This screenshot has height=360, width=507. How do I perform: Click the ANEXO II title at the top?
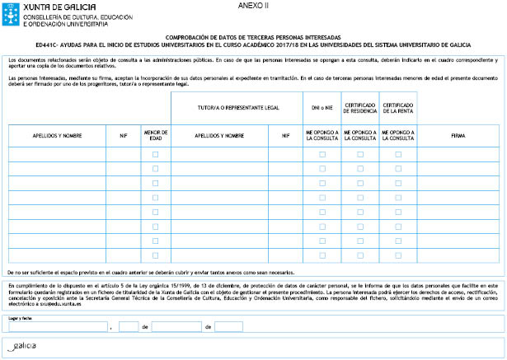(253, 5)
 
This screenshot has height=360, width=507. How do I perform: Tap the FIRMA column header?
(458, 135)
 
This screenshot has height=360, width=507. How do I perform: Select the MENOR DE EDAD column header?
(155, 135)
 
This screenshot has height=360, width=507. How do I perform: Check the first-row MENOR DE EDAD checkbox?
(155, 154)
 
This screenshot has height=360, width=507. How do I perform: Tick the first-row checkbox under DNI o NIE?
(322, 154)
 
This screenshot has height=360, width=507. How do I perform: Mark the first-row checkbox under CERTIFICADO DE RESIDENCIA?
(359, 154)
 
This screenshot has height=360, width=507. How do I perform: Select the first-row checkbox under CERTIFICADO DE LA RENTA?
(398, 154)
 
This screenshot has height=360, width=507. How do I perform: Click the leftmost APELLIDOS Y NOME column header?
(57, 135)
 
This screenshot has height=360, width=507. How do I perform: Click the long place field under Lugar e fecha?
(58, 327)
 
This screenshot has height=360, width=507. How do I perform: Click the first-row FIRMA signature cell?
(458, 154)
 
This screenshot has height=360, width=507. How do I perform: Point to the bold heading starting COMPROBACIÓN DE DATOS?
(253, 37)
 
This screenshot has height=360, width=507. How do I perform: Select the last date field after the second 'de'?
(228, 327)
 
